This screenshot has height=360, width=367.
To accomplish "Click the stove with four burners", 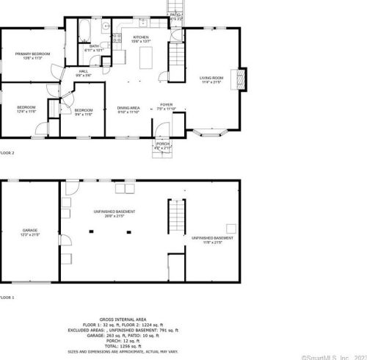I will click(x=117, y=38).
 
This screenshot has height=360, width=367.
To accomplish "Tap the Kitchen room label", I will click(x=141, y=38).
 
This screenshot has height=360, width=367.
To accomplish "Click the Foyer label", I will click(x=167, y=107).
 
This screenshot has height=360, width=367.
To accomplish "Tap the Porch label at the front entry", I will click(x=162, y=145).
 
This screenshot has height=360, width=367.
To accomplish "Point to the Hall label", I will click(x=83, y=73).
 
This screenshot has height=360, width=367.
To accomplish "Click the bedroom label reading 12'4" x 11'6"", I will click(x=26, y=110).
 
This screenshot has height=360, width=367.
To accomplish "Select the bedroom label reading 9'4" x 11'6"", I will click(x=83, y=112).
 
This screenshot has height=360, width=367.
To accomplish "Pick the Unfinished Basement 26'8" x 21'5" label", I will click(x=114, y=214).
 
